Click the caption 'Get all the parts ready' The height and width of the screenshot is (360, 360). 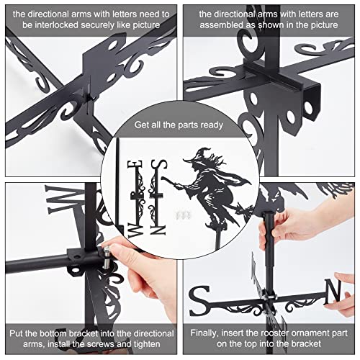coord(179,125)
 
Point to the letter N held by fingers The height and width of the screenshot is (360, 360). coord(332,290)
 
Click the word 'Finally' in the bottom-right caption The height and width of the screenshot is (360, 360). coord(208,333)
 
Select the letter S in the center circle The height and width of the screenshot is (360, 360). coord(163,166)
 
